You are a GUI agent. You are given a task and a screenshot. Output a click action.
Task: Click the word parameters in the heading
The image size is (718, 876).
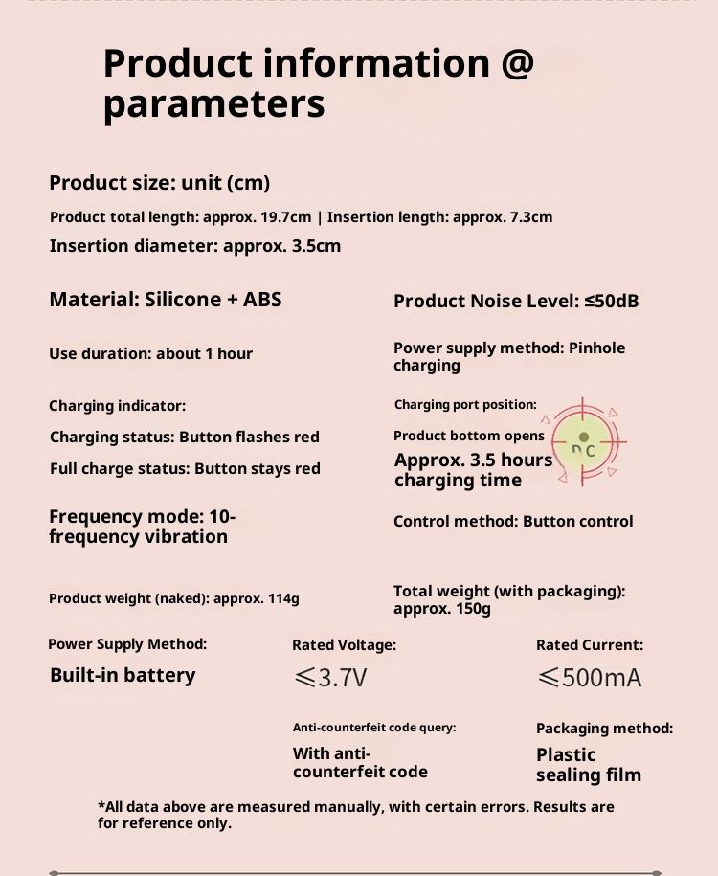coord(213,103)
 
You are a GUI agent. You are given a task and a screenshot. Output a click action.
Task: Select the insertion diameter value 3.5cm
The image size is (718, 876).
coord(313,246)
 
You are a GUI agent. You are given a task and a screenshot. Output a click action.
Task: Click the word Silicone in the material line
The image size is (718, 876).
coord(183,300)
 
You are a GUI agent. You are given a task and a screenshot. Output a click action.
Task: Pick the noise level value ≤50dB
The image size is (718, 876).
coord(612,302)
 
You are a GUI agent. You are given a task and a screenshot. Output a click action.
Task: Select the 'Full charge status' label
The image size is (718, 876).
coord(118,469)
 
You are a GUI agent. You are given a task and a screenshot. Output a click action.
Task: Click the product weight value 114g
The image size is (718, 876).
coord(282,599)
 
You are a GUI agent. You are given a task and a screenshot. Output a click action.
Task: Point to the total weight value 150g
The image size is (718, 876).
coord(472,609)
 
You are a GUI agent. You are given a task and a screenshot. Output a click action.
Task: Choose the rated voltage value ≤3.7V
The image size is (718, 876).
coord(330,679)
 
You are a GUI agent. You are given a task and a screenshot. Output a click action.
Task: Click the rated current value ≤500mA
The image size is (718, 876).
coord(589,679)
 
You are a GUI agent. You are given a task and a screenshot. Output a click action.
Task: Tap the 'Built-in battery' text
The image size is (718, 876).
coord(123,675)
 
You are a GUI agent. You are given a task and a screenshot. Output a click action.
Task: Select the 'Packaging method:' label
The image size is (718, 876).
coord(604,729)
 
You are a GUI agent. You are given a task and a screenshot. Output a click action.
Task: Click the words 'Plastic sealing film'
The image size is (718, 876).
coord(588,765)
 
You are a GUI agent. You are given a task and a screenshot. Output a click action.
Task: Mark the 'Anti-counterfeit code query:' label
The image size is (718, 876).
coord(374,728)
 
